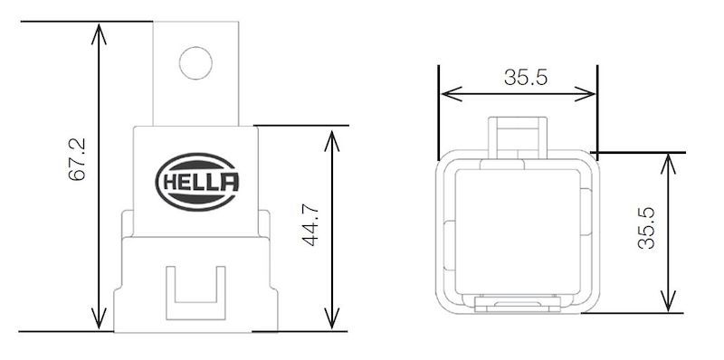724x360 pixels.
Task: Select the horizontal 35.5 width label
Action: coord(526,77)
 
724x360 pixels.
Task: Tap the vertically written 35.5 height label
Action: coord(645,230)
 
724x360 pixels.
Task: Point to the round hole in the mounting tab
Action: coord(195,62)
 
